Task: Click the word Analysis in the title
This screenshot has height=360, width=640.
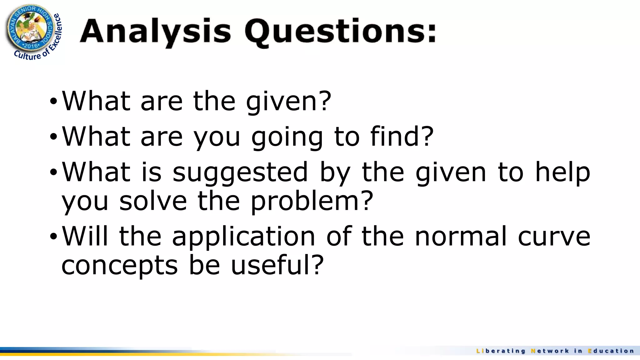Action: coord(155,31)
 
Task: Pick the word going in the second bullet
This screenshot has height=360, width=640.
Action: coord(287,137)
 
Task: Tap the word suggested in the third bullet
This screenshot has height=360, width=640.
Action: coord(240,172)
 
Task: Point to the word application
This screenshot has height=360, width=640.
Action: coord(243,237)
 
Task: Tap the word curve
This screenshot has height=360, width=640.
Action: coord(554,237)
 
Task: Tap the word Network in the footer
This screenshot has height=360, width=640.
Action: coord(550,351)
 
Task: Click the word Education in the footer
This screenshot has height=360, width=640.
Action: coord(611,351)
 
